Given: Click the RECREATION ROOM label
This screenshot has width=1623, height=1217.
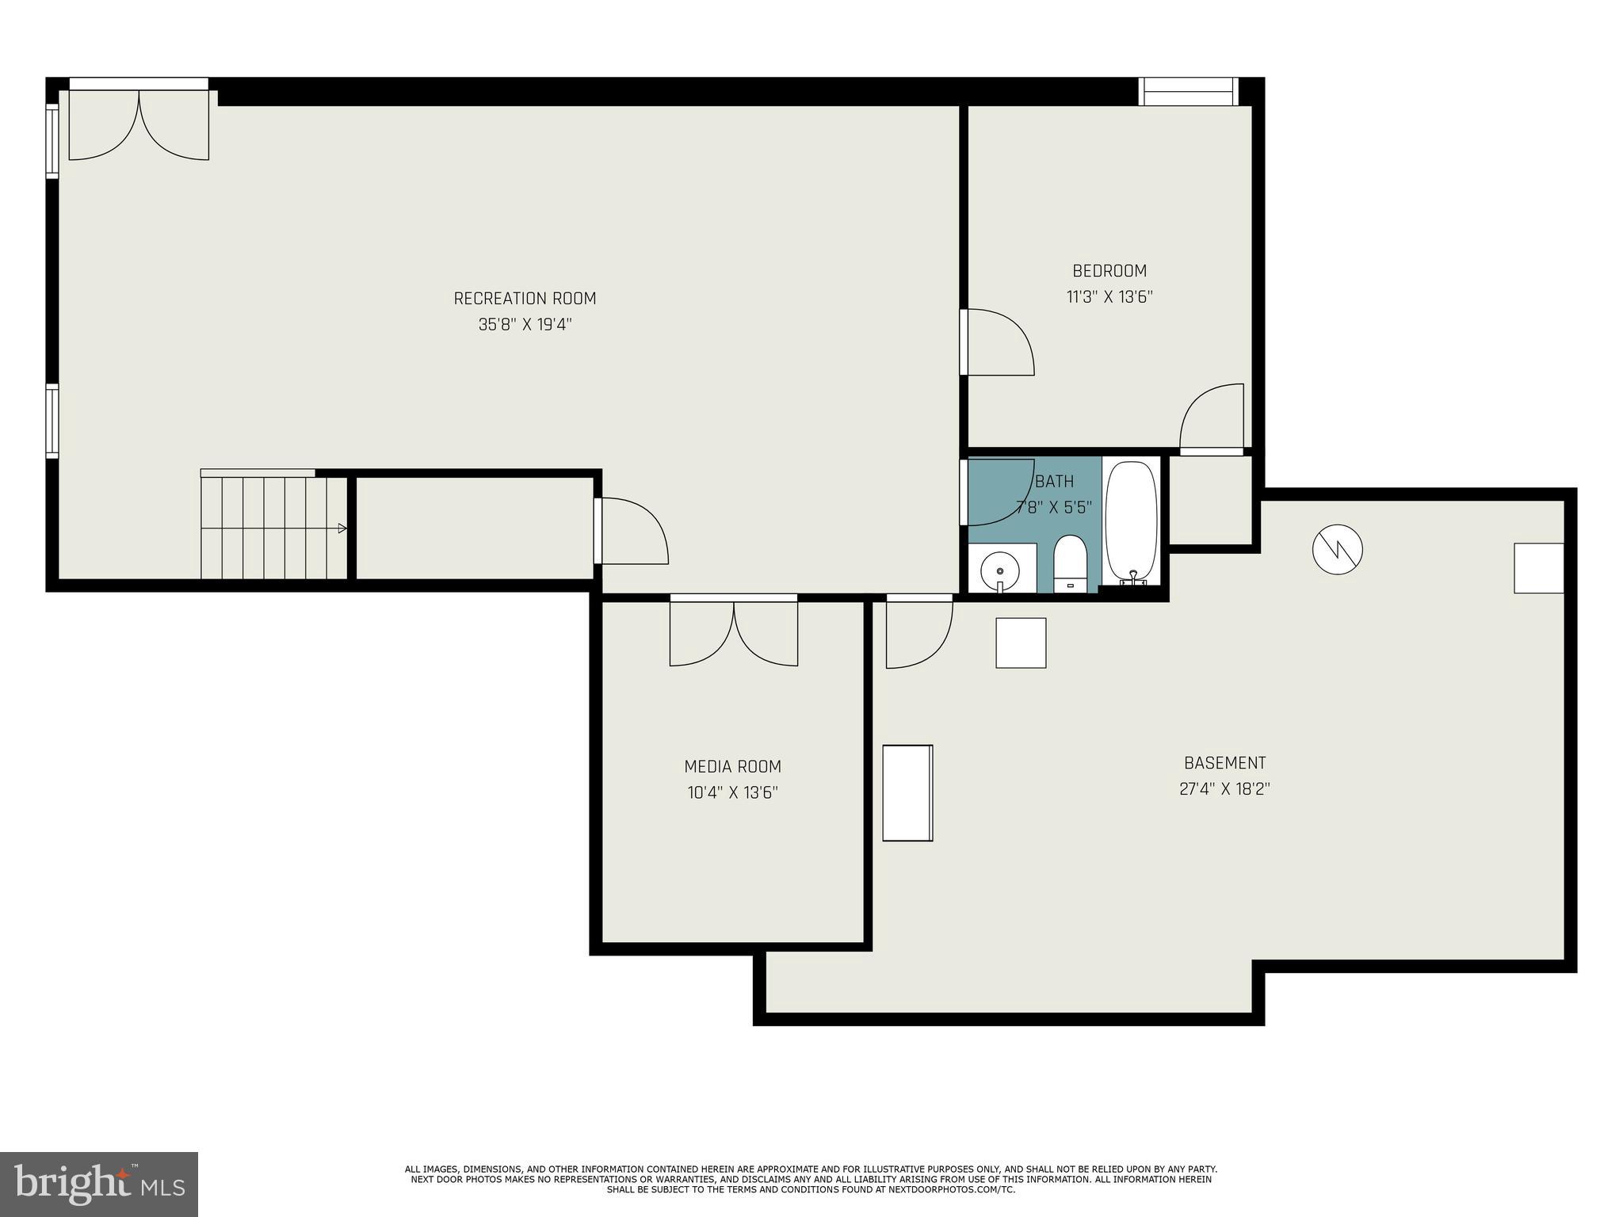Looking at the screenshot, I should click(x=525, y=299).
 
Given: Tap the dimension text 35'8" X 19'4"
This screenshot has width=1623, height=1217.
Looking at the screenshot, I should click(x=525, y=325).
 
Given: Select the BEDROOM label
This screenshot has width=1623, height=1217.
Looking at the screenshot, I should click(x=1109, y=271).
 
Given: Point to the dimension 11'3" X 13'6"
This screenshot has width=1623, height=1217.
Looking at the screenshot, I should click(x=1109, y=297).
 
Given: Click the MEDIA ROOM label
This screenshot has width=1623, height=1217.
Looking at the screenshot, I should click(x=732, y=766).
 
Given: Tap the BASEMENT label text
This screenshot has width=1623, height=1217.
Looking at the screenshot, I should click(x=1224, y=763).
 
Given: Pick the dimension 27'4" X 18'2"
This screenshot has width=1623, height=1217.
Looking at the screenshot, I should click(x=1224, y=789).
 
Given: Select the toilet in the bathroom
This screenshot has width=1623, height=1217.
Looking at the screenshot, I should click(x=1070, y=563).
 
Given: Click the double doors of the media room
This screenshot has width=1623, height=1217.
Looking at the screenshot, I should click(x=734, y=631).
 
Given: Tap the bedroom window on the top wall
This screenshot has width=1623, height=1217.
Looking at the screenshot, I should click(x=1187, y=92).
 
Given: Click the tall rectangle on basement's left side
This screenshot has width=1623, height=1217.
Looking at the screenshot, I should click(x=907, y=792).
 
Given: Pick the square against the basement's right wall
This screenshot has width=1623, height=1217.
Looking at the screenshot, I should click(x=1538, y=568).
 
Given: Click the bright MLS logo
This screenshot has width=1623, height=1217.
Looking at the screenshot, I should click(x=99, y=1184).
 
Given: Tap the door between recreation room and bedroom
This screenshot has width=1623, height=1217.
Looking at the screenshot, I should click(x=997, y=342).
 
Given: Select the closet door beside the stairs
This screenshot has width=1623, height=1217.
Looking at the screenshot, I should click(x=630, y=531).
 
